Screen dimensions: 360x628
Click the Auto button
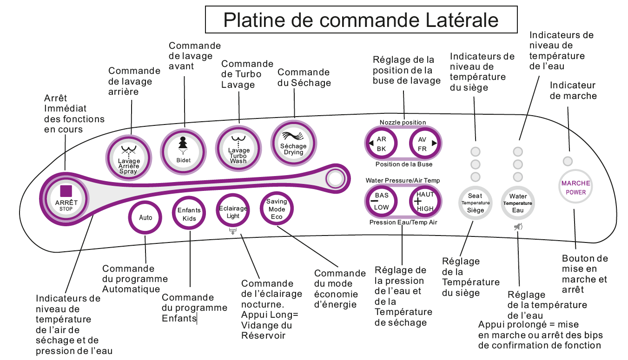[145, 217]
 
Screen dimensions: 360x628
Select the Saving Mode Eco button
[277, 209]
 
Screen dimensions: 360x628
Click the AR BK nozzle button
[382, 144]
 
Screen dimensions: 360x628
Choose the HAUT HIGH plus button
[424, 201]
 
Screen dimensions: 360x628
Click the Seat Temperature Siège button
[475, 203]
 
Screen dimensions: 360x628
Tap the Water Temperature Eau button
[518, 203]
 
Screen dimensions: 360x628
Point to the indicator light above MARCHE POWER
[568, 162]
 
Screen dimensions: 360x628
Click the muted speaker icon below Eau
[518, 227]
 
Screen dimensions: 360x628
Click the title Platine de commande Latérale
[361, 20]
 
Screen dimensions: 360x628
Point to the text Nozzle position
[403, 123]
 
